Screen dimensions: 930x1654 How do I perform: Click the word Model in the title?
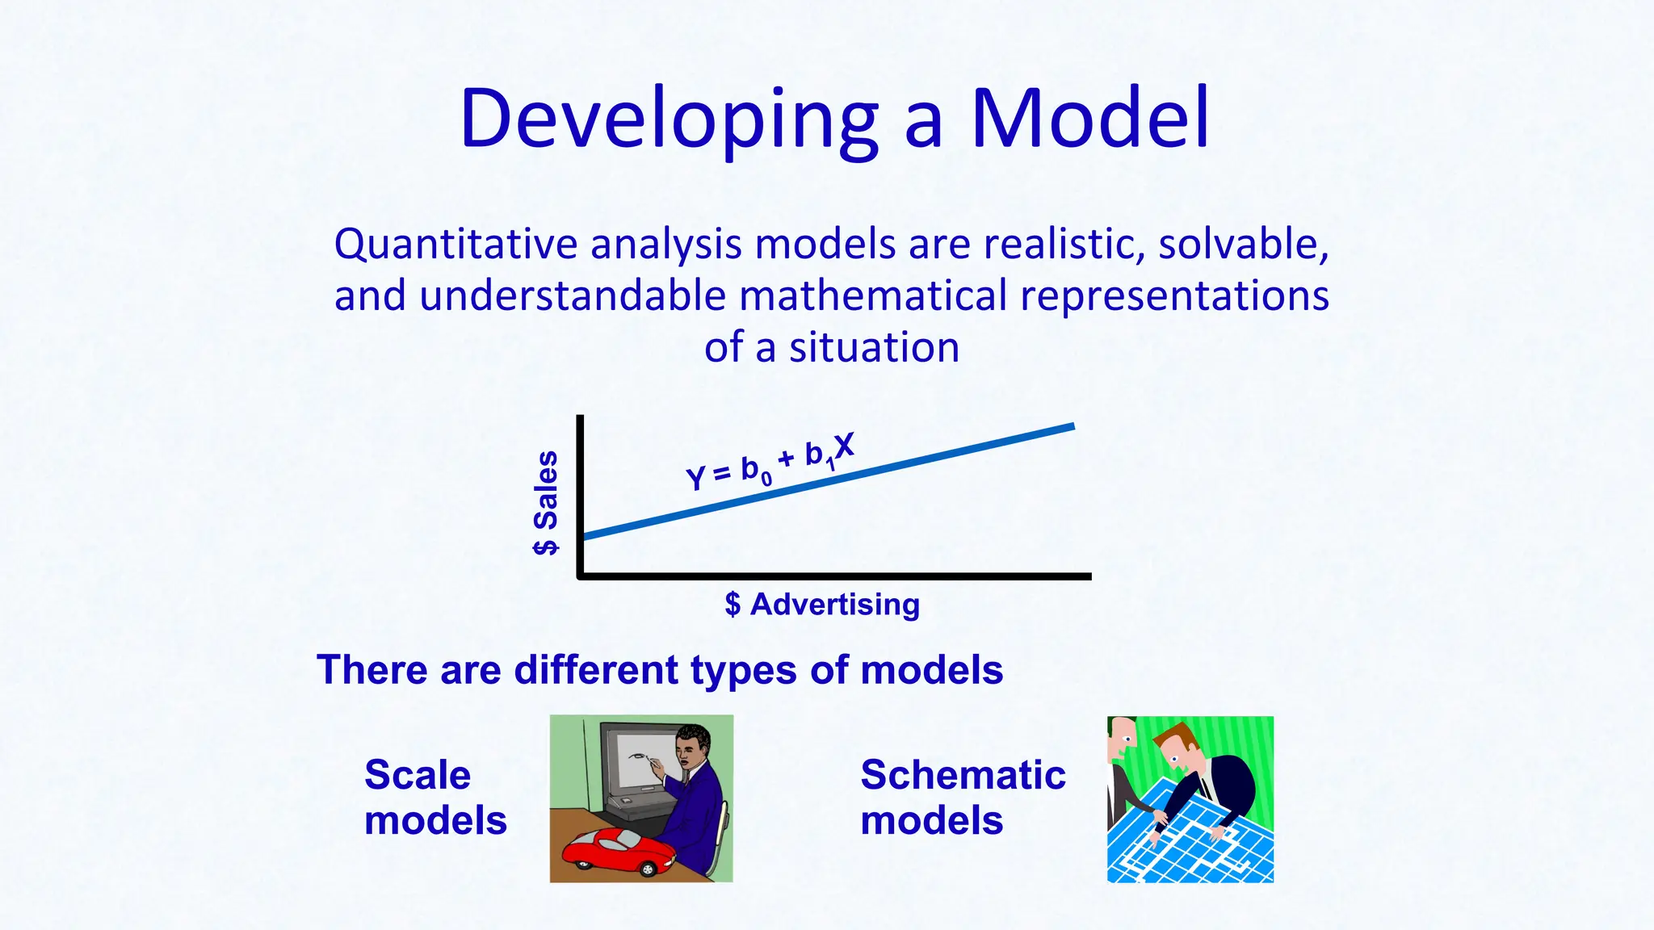click(1089, 119)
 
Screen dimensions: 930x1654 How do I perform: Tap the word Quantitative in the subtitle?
click(455, 245)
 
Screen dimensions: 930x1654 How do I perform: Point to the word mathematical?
click(873, 295)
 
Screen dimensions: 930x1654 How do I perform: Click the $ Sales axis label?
click(546, 502)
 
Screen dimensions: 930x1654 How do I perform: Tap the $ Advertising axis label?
click(822, 604)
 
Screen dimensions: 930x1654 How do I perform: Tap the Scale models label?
click(434, 798)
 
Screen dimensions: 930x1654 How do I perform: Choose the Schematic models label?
click(962, 798)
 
